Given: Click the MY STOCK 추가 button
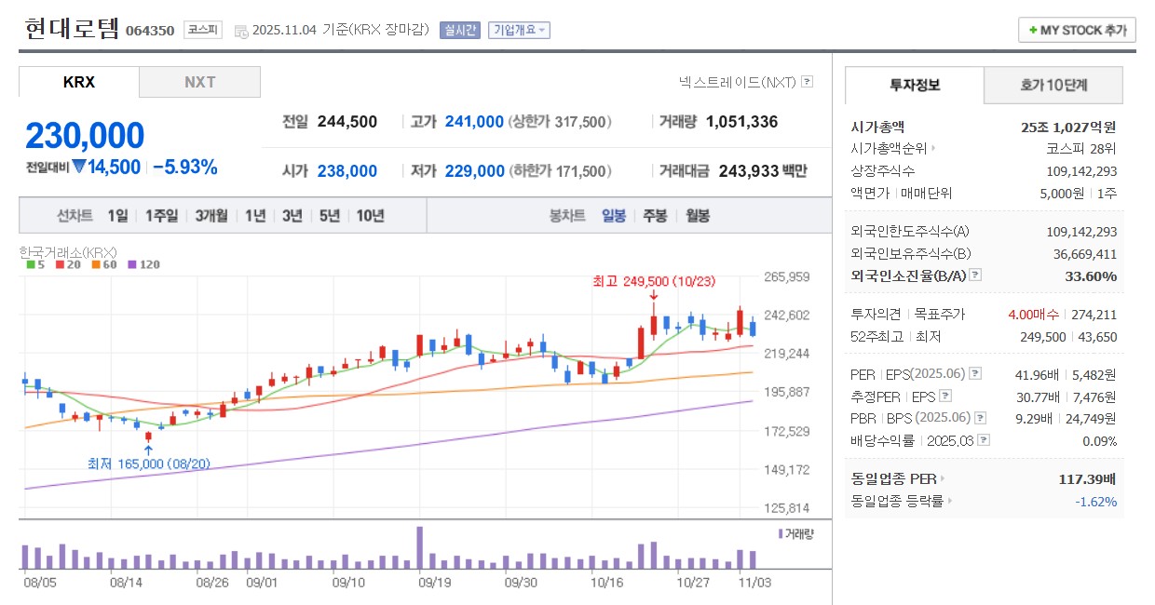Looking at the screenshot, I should point(1077,30).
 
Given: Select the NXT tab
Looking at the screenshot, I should point(199,82).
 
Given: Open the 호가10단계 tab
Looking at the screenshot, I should point(1053,86).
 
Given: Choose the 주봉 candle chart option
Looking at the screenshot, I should point(655,216).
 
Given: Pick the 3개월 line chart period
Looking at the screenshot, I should point(211,216).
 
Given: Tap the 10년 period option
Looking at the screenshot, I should point(370,216).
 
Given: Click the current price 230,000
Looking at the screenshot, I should point(85,136).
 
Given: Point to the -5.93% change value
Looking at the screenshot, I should point(184,168).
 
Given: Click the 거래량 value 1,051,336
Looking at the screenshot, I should point(741,122).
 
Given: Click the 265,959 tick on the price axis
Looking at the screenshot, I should point(786,276).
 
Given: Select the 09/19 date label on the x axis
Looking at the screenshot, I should point(435,583).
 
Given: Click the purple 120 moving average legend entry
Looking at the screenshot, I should point(144,264).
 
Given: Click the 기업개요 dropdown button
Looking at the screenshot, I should point(519,30).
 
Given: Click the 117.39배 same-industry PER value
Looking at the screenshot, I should point(1086,478).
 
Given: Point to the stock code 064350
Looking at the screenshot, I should point(150,30).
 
